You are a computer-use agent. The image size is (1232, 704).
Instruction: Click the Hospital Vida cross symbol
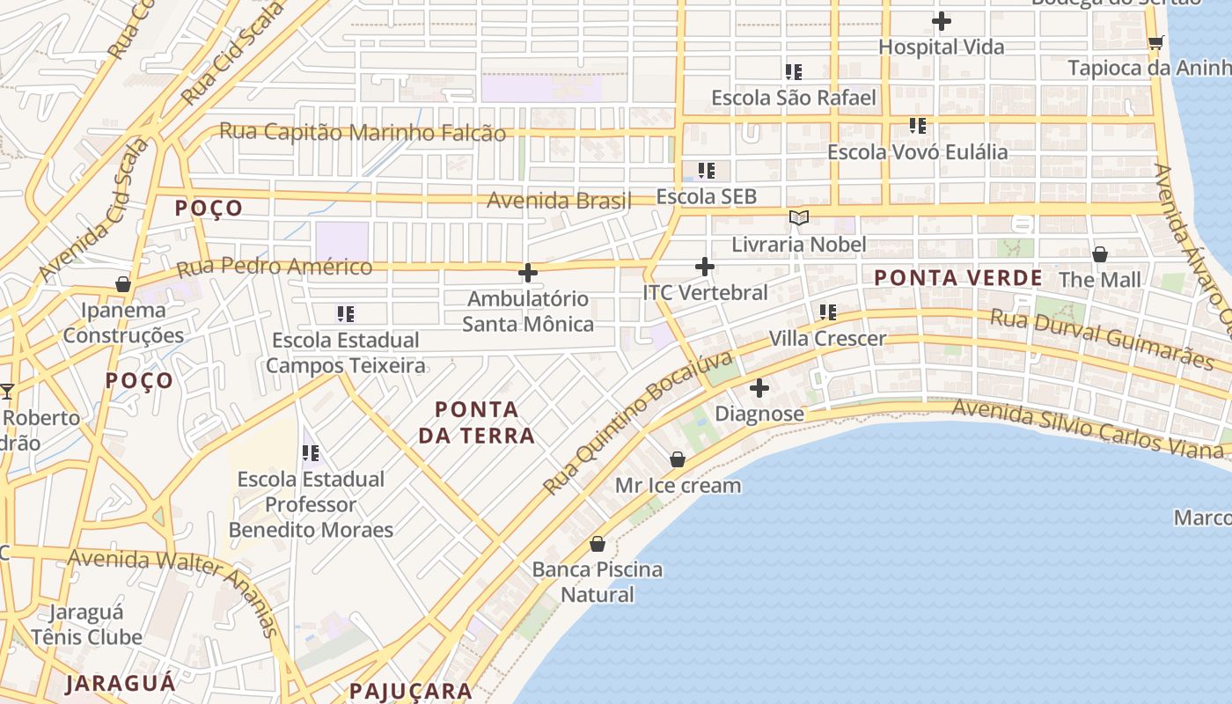tap(942, 20)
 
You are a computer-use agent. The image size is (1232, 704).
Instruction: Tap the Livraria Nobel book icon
tap(798, 217)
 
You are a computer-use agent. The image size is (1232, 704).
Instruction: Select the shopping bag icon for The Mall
tap(1099, 254)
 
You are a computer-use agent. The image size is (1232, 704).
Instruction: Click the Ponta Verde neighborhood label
tap(957, 278)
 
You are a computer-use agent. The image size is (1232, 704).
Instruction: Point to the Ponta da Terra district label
tap(476, 422)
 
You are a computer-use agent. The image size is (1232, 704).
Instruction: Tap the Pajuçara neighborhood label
tap(411, 691)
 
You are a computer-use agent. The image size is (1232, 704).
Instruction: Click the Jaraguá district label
tap(121, 682)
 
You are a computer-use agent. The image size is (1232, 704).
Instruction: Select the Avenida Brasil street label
tap(560, 201)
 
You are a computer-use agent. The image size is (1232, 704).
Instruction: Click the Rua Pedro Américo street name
tap(275, 267)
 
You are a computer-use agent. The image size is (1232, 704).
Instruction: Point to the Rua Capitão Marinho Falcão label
tap(363, 132)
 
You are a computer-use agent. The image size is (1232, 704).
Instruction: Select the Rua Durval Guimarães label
tap(1102, 338)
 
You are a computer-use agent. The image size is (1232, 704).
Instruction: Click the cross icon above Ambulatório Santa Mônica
tap(528, 273)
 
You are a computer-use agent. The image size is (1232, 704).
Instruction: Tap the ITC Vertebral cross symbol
tap(704, 266)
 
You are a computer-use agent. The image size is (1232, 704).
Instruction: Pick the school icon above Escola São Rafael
tap(794, 71)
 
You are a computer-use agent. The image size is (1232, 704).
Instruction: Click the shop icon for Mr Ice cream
tap(678, 459)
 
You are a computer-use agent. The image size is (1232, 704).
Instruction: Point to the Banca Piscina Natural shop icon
tap(598, 544)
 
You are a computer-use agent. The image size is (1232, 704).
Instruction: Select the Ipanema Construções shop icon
tap(123, 284)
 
